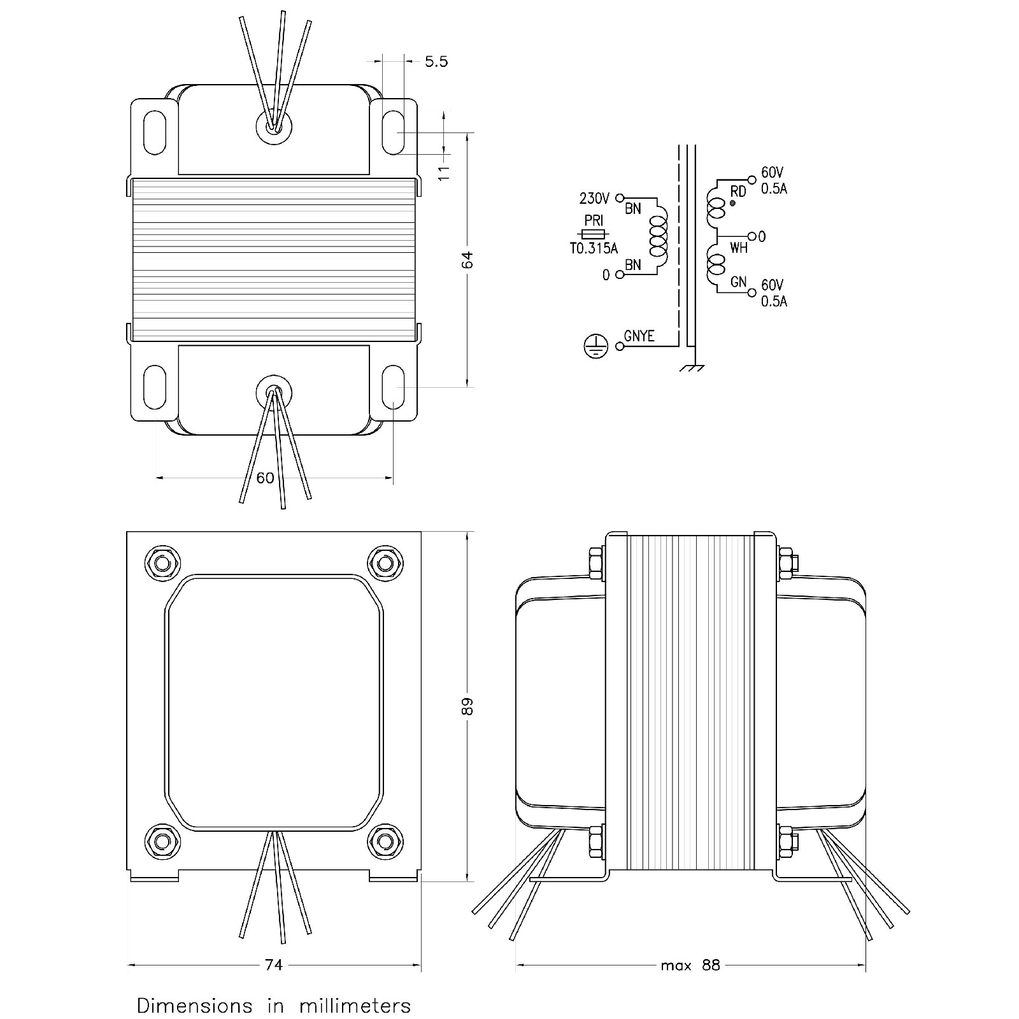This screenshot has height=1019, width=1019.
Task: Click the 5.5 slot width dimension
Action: pyautogui.click(x=436, y=62)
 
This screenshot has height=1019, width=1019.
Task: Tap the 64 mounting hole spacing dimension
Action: pyautogui.click(x=468, y=260)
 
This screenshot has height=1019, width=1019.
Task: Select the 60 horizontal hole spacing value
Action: pyautogui.click(x=265, y=477)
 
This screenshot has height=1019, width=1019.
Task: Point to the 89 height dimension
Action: pyautogui.click(x=468, y=707)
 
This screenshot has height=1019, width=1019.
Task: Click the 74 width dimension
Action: pyautogui.click(x=274, y=983)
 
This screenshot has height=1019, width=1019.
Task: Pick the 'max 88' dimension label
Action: pyautogui.click(x=690, y=983)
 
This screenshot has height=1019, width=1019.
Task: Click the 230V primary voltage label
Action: pyautogui.click(x=594, y=198)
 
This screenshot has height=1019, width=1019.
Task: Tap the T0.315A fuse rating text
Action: pyautogui.click(x=594, y=248)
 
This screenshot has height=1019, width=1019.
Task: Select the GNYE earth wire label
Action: pyautogui.click(x=639, y=336)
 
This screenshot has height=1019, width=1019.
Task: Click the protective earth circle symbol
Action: pyautogui.click(x=596, y=346)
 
